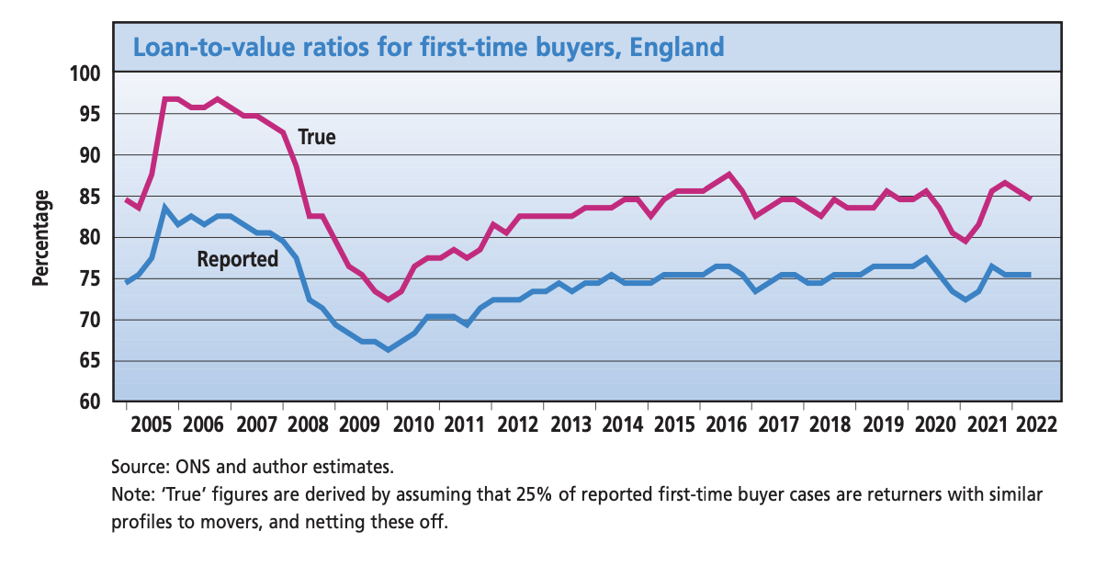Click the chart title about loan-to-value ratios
(x=429, y=46)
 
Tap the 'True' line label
(x=317, y=138)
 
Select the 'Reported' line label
(x=238, y=259)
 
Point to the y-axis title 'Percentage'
(x=40, y=238)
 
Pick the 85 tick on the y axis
(x=87, y=197)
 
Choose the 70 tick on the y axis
(x=87, y=321)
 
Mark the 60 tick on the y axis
(x=87, y=402)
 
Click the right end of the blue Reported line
(x=1030, y=275)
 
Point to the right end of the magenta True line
(x=1030, y=198)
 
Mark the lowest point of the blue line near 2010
(x=388, y=350)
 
